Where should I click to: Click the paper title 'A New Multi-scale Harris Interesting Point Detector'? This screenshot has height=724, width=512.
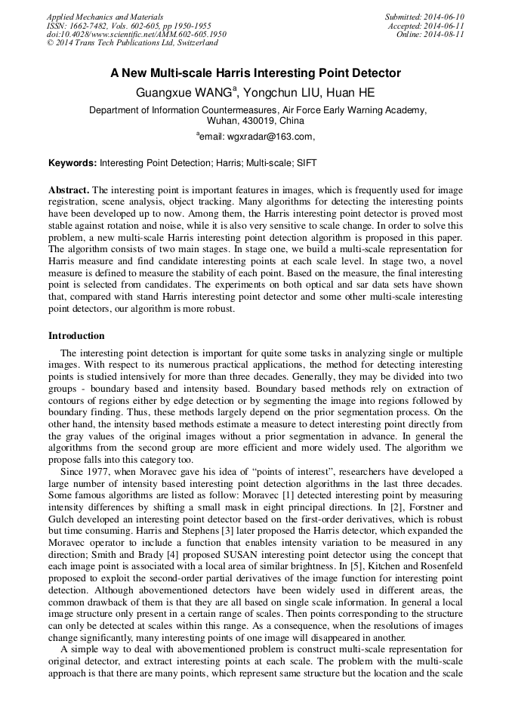255,74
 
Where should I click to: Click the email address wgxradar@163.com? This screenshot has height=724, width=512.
255,137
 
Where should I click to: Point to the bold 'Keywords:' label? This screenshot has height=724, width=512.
72,162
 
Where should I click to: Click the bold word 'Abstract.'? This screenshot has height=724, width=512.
69,189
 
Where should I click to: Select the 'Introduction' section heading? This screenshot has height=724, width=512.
76,336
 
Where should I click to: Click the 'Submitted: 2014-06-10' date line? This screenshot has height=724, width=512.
424,17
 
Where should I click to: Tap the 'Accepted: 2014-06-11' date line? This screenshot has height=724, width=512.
426,26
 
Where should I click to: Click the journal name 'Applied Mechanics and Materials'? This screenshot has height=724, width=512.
104,17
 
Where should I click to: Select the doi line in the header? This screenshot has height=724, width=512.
136,35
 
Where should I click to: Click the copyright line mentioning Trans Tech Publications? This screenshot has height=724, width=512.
132,44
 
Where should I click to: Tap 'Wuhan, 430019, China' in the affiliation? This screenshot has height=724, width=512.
255,121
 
